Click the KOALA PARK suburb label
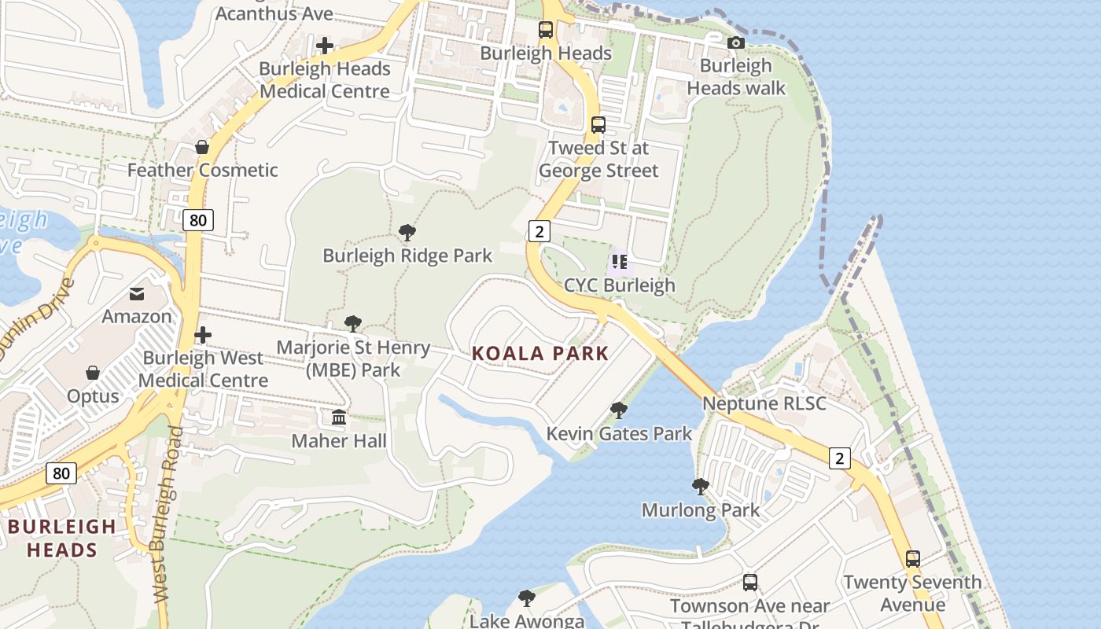point(540,353)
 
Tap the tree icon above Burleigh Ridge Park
point(407,232)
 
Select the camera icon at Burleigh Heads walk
point(736,42)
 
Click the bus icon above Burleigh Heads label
point(546,30)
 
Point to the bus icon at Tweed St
point(598,124)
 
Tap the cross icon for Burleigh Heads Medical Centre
point(325,46)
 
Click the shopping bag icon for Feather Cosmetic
point(202,147)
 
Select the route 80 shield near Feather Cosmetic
point(198,220)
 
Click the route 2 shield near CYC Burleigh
point(539,230)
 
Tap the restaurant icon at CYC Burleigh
point(620,262)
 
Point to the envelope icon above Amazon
point(137,293)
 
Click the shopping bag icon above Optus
point(93,373)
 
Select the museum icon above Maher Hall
point(339,417)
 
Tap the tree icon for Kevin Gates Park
point(619,410)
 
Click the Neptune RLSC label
point(764,403)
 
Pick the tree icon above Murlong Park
point(701,487)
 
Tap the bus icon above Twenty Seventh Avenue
point(912,559)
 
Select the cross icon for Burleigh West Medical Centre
point(203,335)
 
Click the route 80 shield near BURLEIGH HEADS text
point(61,473)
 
